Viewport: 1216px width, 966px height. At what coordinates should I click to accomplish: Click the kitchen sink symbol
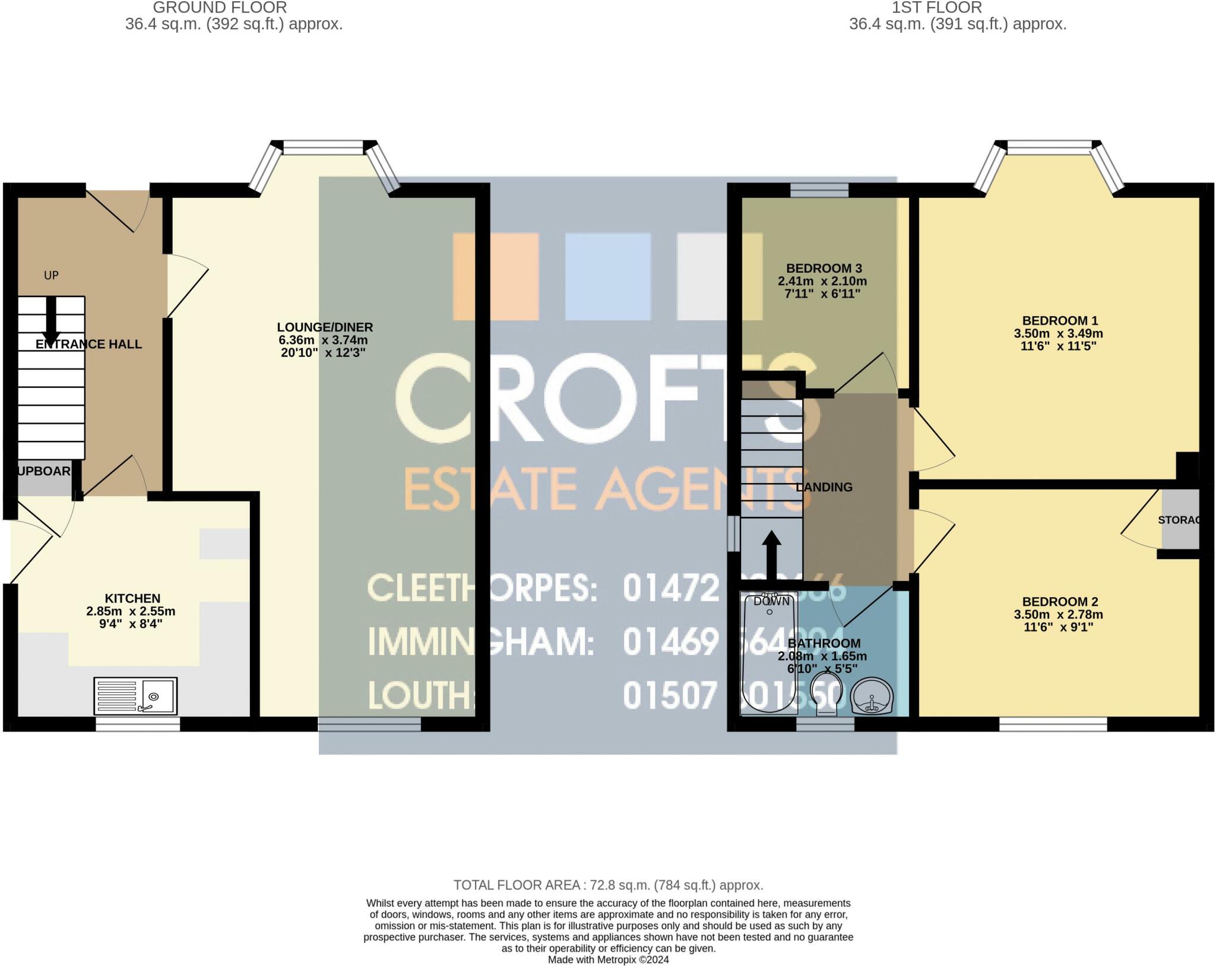tap(135, 696)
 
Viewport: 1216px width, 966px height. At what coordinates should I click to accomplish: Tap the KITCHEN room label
tap(132, 598)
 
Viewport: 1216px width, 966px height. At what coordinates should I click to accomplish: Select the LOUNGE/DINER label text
tap(325, 327)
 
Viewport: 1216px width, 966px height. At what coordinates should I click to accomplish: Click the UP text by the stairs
tap(52, 275)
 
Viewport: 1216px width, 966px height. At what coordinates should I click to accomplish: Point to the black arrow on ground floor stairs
tap(52, 321)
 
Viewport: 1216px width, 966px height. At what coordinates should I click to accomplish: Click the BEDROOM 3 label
tap(824, 268)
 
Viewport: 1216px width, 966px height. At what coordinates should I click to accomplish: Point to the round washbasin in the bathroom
tap(872, 697)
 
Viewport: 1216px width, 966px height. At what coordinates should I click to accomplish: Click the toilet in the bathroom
tap(826, 693)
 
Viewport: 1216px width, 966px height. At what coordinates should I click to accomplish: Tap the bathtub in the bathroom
tap(770, 654)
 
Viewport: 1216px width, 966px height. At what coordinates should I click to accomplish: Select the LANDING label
tap(824, 487)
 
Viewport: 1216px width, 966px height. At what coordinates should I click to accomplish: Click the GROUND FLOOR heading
tap(220, 8)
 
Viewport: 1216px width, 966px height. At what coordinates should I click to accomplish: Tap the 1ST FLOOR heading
tap(937, 8)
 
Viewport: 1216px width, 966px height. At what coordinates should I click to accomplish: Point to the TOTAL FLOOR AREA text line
tap(608, 885)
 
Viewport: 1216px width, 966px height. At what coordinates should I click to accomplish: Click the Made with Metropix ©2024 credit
tap(608, 959)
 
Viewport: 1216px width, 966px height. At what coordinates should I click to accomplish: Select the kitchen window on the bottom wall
tap(138, 724)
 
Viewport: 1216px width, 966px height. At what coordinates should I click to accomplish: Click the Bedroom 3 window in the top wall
tap(819, 190)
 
